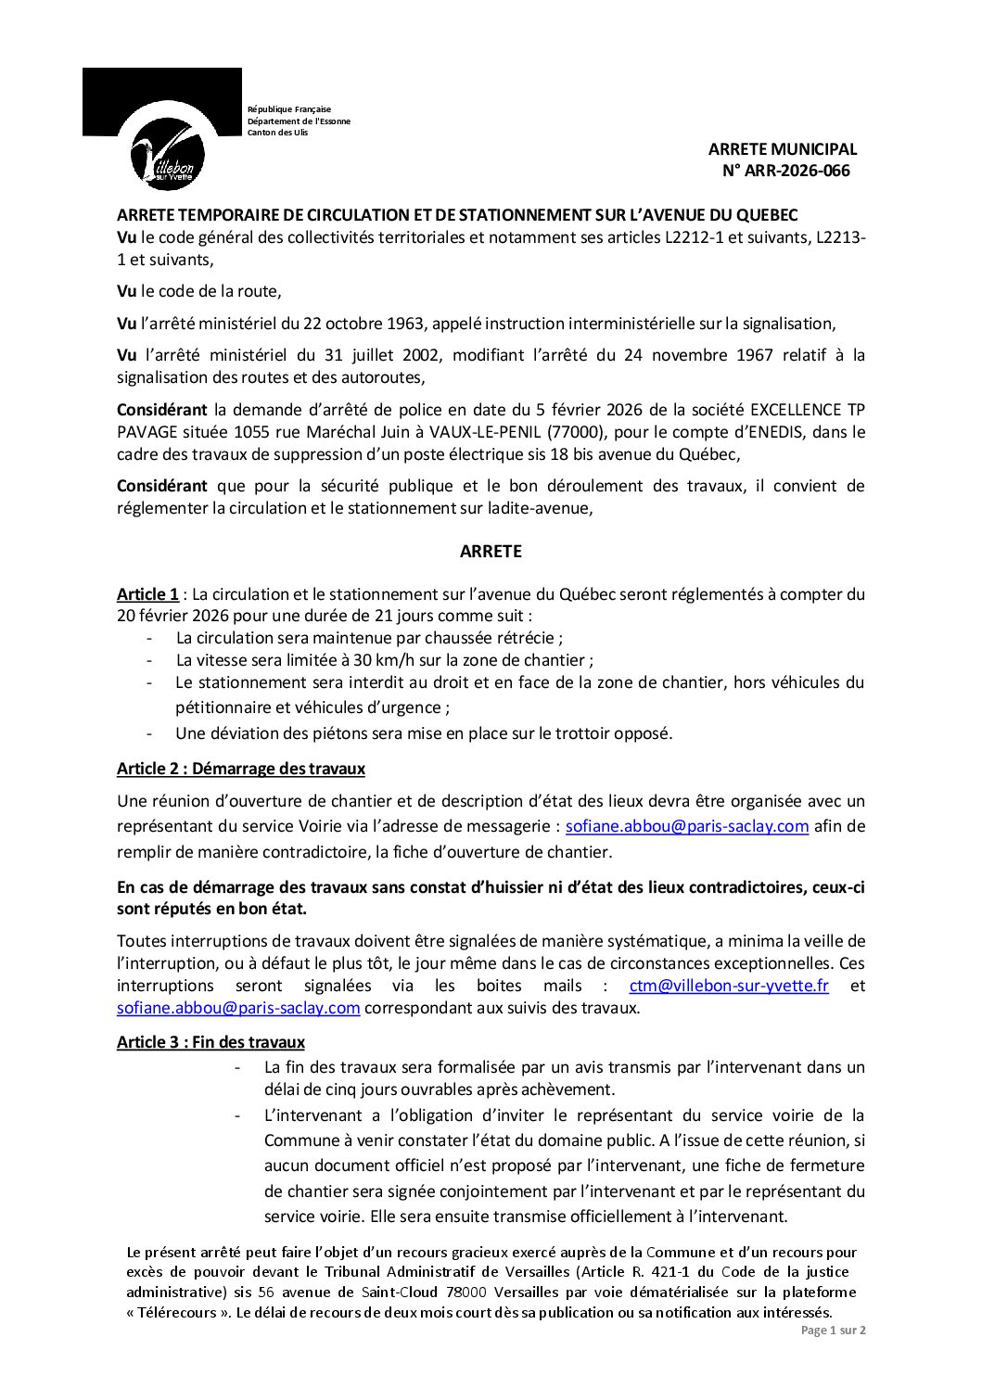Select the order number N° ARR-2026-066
[785, 171]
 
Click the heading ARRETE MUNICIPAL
[782, 148]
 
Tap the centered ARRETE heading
[491, 552]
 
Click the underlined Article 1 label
[147, 594]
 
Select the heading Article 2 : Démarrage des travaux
[241, 769]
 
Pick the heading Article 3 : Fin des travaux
[210, 1042]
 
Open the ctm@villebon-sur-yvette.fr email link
[729, 986]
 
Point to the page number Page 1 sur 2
[833, 1330]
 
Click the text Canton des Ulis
[277, 133]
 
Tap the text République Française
[288, 109]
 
